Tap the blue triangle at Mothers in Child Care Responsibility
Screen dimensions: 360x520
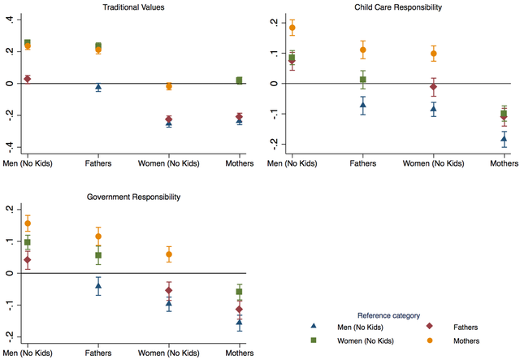click(505, 139)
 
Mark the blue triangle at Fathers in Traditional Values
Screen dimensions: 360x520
click(98, 87)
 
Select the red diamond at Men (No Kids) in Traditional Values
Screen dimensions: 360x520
click(28, 79)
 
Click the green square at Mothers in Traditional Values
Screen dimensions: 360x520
click(239, 80)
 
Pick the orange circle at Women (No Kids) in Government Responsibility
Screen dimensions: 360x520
click(169, 254)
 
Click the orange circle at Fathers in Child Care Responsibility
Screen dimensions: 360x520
click(363, 50)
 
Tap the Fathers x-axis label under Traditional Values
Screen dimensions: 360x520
click(98, 163)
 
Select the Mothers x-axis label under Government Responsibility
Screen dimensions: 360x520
click(239, 353)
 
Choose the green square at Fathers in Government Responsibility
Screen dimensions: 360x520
click(98, 255)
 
